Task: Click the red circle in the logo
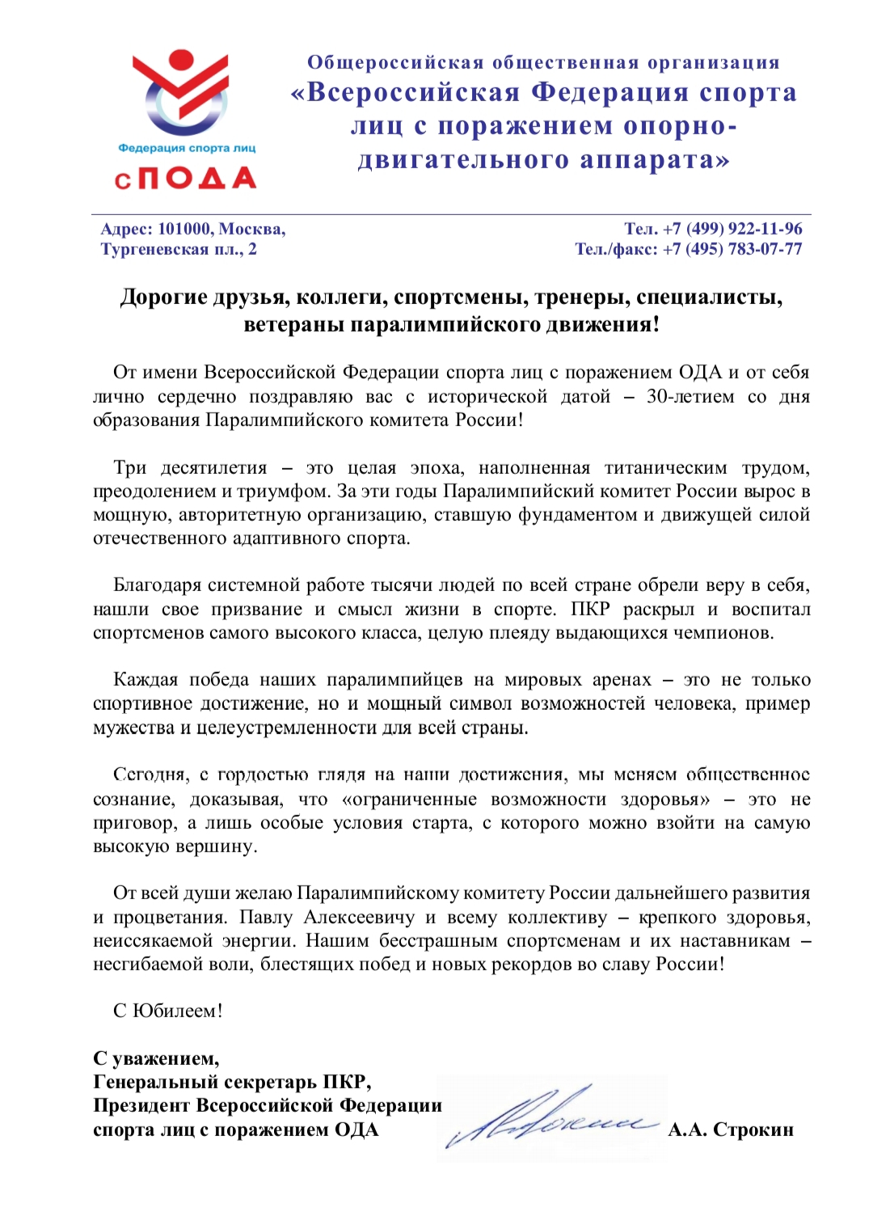[180, 61]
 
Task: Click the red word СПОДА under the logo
[185, 178]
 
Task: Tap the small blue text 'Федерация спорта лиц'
[187, 148]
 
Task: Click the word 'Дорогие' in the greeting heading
[164, 298]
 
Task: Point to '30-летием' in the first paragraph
[690, 397]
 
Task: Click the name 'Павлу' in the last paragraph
[266, 918]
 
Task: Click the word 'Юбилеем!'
[178, 1011]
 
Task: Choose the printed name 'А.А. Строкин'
[731, 1130]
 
